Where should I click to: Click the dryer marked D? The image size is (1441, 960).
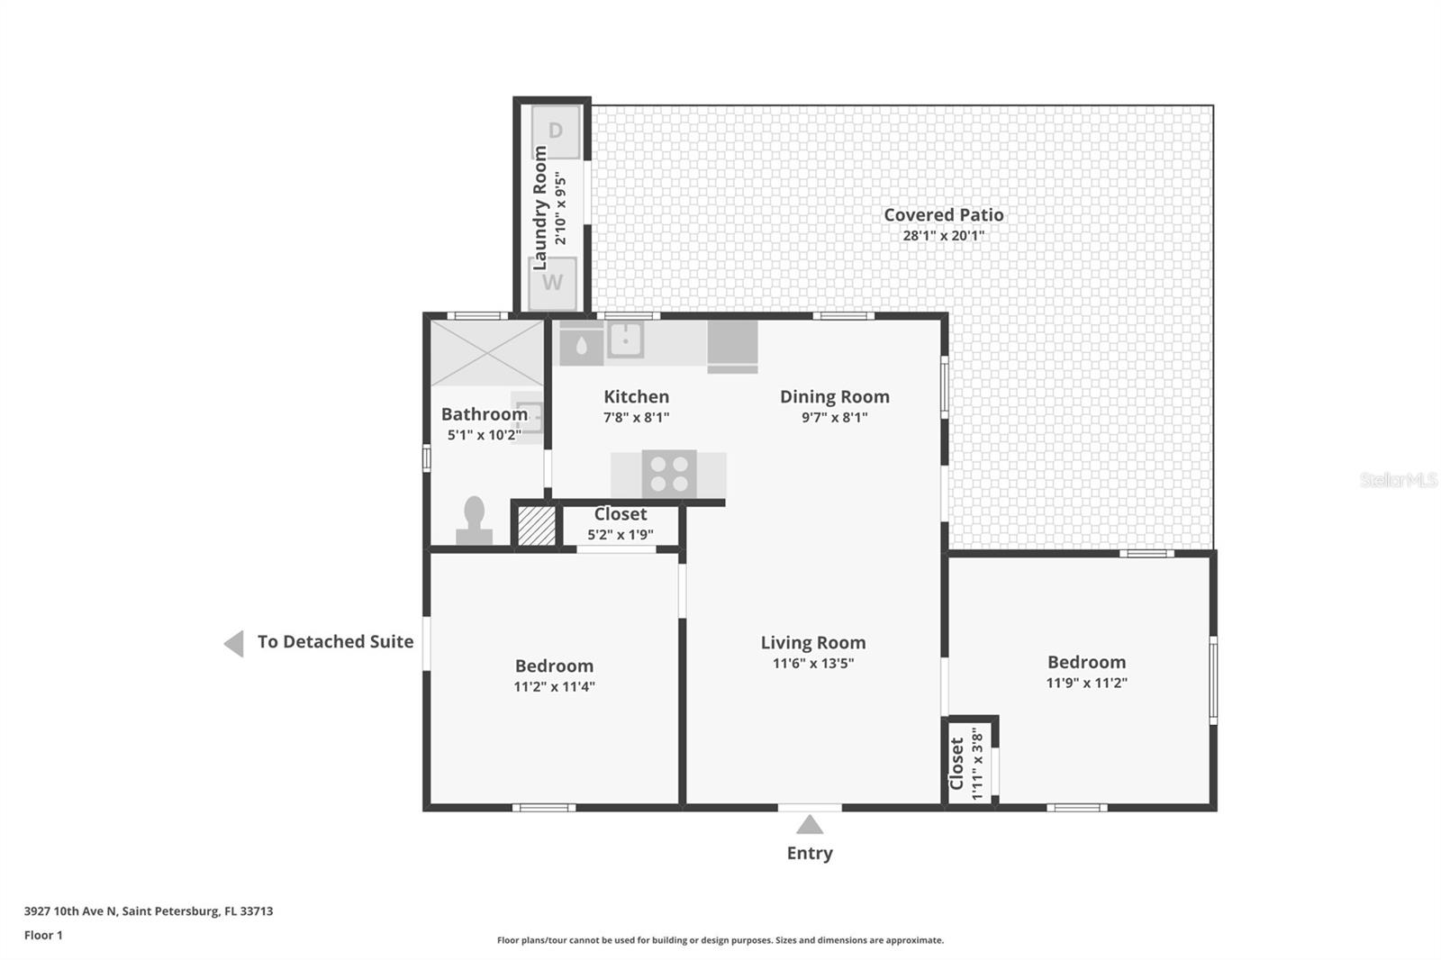pos(555,131)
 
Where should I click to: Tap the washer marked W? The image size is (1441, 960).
pos(552,283)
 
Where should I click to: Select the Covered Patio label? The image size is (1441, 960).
pos(943,215)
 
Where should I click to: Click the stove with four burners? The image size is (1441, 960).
pos(669,474)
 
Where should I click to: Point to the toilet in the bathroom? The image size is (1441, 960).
pos(474,522)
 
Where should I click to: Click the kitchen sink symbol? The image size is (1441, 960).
pos(625,340)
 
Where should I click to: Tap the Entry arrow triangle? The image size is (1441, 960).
pos(810,825)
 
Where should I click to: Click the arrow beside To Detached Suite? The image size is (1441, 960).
pos(234,643)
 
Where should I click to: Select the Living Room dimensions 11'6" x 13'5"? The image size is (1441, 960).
pos(812,664)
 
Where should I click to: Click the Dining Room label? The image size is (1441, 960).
pos(834,397)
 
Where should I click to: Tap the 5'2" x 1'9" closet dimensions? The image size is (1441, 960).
pos(620,535)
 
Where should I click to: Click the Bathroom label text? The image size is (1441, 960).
pos(484,414)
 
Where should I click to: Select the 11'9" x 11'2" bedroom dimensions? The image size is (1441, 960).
pos(1086,683)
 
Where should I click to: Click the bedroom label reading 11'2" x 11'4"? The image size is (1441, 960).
pos(554,686)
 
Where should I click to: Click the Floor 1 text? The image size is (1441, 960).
pos(43,935)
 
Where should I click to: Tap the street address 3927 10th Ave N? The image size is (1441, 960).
pos(71,910)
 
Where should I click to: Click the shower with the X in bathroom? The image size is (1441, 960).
pos(486,353)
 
